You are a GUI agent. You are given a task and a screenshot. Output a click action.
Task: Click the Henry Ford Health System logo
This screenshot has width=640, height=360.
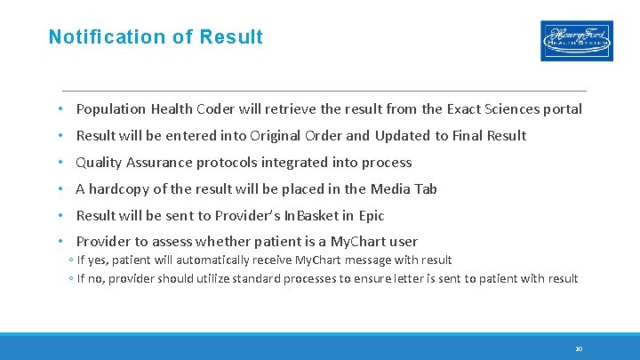(576, 40)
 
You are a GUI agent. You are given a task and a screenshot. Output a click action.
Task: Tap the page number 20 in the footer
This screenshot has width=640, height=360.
(578, 349)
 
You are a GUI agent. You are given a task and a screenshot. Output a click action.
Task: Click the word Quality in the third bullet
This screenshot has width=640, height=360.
(100, 163)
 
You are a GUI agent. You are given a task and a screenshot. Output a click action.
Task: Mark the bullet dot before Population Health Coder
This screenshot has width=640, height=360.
(60, 109)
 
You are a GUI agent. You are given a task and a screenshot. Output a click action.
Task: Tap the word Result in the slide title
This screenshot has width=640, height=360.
(231, 37)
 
